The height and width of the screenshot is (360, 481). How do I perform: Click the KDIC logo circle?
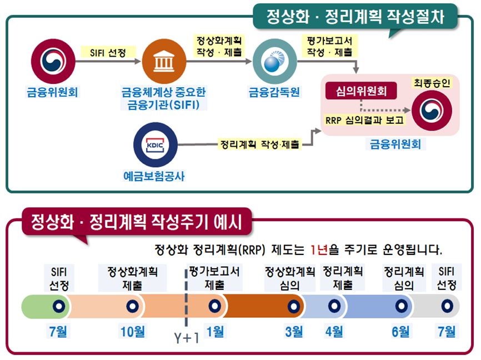(x=155, y=146)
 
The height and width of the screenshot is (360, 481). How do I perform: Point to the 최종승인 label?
(x=432, y=83)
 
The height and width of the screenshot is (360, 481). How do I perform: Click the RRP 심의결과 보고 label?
(x=365, y=120)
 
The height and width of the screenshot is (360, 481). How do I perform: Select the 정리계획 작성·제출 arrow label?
(x=259, y=144)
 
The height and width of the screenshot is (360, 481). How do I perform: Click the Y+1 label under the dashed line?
(x=186, y=338)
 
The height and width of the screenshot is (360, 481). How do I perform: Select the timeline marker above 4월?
(x=334, y=306)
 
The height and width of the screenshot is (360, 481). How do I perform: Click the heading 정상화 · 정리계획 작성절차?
(x=355, y=17)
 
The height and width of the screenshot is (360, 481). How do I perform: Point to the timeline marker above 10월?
(x=132, y=306)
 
